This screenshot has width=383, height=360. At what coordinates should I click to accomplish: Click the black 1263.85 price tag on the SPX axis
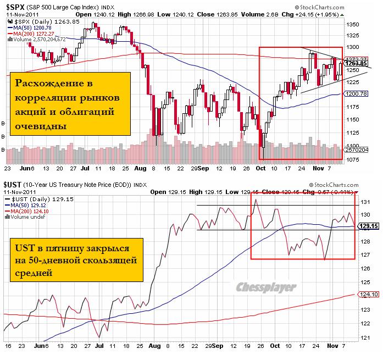click(357, 63)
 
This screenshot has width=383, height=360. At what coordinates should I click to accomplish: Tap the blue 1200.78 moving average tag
click(357, 94)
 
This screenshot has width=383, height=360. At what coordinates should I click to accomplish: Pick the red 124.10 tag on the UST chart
click(368, 294)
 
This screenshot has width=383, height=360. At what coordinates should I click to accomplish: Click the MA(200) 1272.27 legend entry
click(31, 33)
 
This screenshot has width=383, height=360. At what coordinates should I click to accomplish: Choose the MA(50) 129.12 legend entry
click(28, 204)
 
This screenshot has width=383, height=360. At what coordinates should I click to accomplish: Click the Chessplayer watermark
click(267, 287)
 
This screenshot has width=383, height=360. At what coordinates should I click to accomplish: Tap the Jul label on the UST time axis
click(99, 347)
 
